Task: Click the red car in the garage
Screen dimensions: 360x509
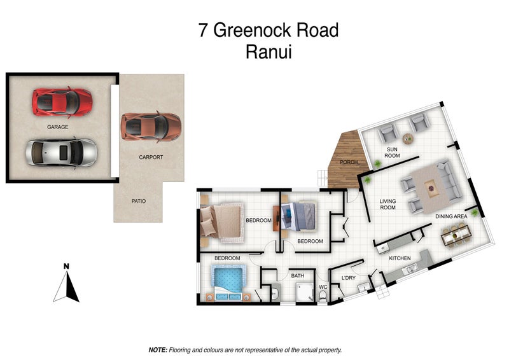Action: [x=62, y=100]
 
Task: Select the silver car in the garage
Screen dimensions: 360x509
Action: [x=61, y=152]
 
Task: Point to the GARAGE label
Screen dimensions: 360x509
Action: [x=57, y=127]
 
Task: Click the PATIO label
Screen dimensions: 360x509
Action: [x=139, y=201]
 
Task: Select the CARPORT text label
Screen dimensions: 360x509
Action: [x=151, y=156]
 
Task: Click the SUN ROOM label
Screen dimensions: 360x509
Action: [x=393, y=152]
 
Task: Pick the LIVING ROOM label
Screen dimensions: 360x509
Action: [x=388, y=205]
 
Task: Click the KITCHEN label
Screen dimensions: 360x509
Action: [x=400, y=258]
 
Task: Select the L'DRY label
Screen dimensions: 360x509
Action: [x=348, y=278]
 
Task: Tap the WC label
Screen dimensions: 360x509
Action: [x=323, y=287]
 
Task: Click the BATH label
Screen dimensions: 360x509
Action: [x=298, y=275]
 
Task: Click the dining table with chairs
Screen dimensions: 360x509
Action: [x=456, y=238]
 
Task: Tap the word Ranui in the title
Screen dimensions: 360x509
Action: [x=268, y=52]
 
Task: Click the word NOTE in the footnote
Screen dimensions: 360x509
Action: [x=157, y=350]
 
